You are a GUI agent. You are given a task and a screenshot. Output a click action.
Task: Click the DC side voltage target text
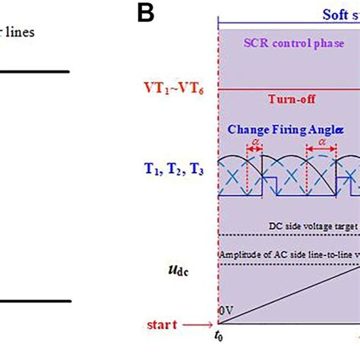pyautogui.click(x=311, y=226)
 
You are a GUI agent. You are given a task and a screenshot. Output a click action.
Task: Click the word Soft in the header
pyautogui.click(x=319, y=13)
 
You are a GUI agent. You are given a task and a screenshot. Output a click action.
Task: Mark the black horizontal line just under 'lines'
pyautogui.click(x=34, y=72)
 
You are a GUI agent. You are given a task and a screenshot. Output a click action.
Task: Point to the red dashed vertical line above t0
pyautogui.click(x=219, y=228)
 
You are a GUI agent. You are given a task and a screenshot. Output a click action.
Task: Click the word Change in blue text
pyautogui.click(x=248, y=130)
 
